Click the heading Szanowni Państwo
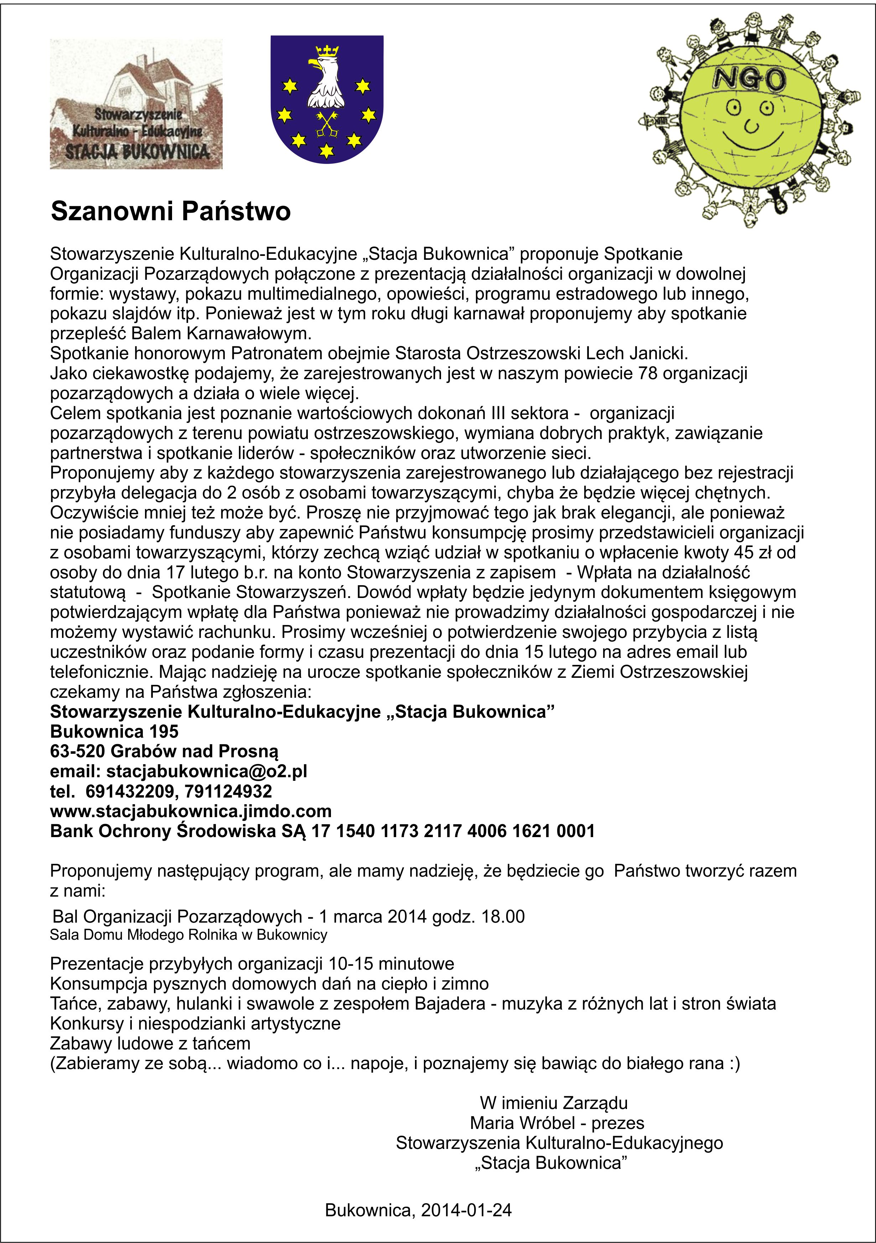pyautogui.click(x=170, y=211)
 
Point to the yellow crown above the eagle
pyautogui.click(x=326, y=51)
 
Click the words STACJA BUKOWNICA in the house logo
pyautogui.click(x=137, y=151)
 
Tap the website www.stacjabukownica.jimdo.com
pyautogui.click(x=191, y=811)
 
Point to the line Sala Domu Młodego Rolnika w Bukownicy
pyautogui.click(x=188, y=935)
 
